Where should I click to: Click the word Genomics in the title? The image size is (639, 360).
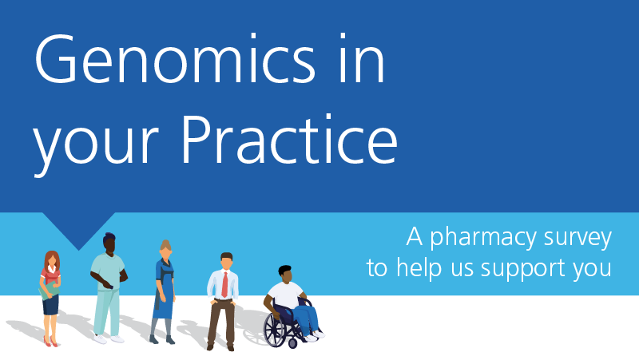pyautogui.click(x=175, y=58)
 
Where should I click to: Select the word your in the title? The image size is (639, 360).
pyautogui.click(x=96, y=147)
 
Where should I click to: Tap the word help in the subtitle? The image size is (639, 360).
pyautogui.click(x=419, y=268)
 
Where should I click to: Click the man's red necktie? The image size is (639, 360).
pyautogui.click(x=224, y=284)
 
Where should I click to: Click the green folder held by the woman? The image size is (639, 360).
pyautogui.click(x=49, y=290)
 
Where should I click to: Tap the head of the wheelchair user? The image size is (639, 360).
pyautogui.click(x=286, y=274)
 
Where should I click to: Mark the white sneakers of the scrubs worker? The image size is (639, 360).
pyautogui.click(x=109, y=338)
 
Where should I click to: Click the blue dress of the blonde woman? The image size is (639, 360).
pyautogui.click(x=164, y=290)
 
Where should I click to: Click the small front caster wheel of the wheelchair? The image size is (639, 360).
pyautogui.click(x=292, y=344)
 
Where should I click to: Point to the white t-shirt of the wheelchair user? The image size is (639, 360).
pyautogui.click(x=287, y=295)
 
